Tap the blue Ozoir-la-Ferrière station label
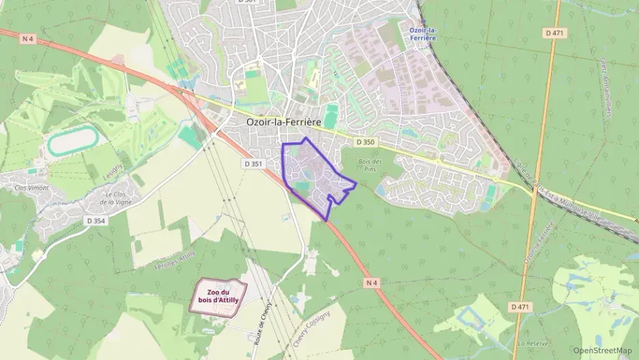point(423,33)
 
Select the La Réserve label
point(529,343)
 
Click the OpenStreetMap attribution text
point(603,350)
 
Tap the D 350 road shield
point(365,142)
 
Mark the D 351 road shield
point(253,164)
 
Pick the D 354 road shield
point(96,221)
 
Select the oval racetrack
point(72,141)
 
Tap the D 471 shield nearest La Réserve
point(520,307)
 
